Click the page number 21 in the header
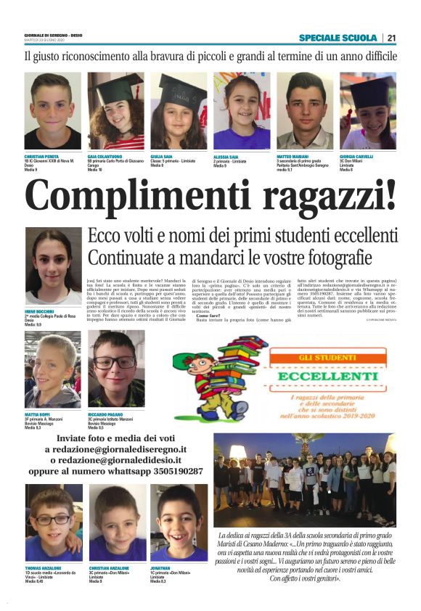pyautogui.click(x=391, y=38)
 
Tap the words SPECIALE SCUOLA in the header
pyautogui.click(x=338, y=38)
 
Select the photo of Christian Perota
pyautogui.click(x=52, y=110)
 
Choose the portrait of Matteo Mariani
pyautogui.click(x=305, y=110)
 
